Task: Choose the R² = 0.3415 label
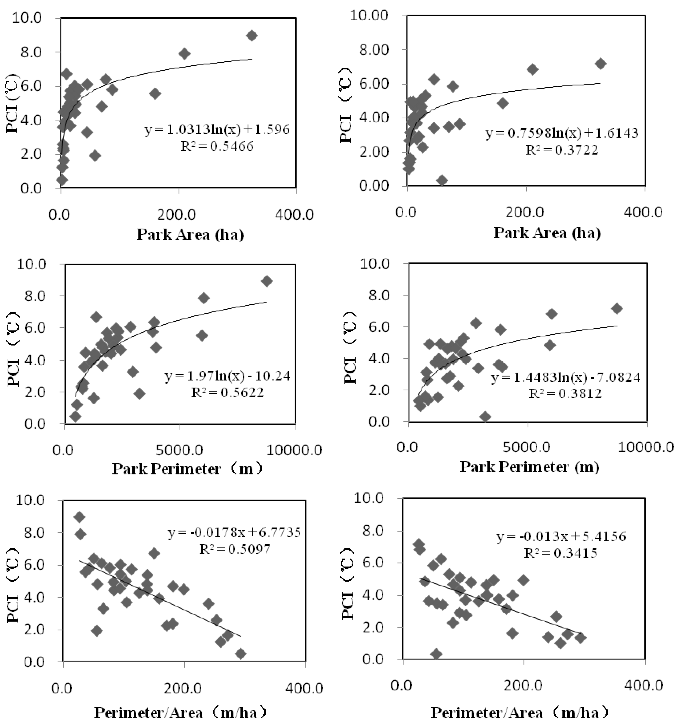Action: [x=561, y=553]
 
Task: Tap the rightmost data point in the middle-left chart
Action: [x=267, y=281]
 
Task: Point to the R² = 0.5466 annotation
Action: [x=217, y=147]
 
